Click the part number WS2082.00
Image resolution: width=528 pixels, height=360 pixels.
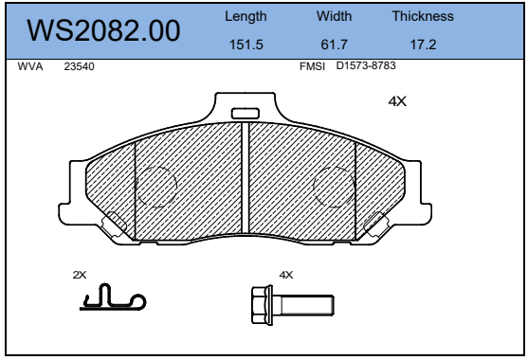click(103, 30)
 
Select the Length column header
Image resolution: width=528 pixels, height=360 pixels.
click(246, 16)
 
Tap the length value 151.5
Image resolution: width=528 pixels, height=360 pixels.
click(246, 45)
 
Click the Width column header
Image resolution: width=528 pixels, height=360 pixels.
click(334, 16)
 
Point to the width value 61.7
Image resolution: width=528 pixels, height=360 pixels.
click(334, 45)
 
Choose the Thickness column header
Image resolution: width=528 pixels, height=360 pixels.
click(423, 16)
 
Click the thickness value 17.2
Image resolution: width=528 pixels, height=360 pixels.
click(424, 45)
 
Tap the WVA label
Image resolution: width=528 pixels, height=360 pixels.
click(30, 66)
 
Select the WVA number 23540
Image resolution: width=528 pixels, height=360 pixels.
click(79, 66)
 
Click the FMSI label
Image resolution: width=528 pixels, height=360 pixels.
click(312, 66)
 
